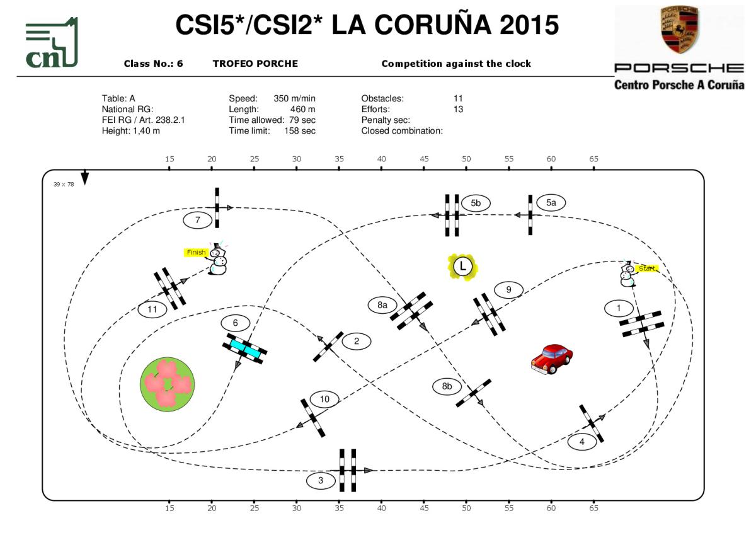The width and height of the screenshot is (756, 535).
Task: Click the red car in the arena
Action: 551,359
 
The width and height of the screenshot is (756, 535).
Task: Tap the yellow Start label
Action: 647,269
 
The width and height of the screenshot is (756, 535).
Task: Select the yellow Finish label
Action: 196,252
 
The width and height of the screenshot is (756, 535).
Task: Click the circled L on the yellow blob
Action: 462,266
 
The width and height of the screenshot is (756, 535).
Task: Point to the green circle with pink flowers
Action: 167,383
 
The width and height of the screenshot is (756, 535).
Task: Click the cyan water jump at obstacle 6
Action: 244,348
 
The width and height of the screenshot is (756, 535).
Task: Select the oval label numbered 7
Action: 198,220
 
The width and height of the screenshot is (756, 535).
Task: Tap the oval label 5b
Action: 476,203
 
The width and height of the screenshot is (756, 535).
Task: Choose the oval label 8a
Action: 382,305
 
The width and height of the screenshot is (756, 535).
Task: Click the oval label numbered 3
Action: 321,481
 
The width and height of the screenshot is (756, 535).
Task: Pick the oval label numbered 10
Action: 324,399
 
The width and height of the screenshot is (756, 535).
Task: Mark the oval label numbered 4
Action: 581,442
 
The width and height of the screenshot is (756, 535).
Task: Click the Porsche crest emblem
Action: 680,30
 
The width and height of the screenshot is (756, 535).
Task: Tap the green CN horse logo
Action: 52,43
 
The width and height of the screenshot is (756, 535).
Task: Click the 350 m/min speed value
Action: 294,98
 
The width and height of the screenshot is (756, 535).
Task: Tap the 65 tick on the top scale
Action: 593,159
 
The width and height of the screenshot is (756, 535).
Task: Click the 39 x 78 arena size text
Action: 63,184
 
